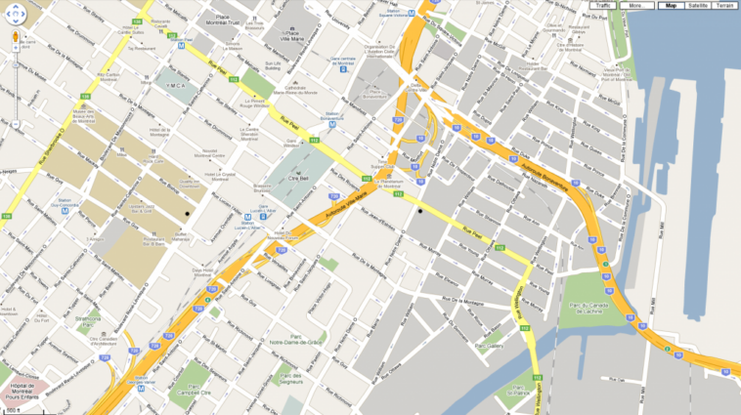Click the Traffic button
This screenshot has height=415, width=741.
pos(604,6)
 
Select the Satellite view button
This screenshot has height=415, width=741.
pos(697,6)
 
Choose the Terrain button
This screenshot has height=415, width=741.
pos(724,6)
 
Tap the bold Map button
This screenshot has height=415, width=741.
pos(670,6)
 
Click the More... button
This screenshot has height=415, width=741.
pos(635,6)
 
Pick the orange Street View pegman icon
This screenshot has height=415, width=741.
pos(16,39)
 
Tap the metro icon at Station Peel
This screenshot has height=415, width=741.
pos(181,43)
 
